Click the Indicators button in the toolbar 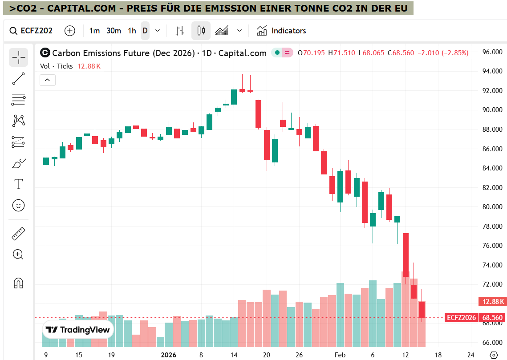[x=281, y=31]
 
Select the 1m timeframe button [x=94, y=31]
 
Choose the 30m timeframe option [x=114, y=31]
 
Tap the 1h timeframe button [x=132, y=31]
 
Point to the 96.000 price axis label [x=492, y=52]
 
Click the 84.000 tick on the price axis [x=492, y=168]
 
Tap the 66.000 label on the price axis [x=492, y=343]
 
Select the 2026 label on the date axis [x=168, y=355]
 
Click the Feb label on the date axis [x=340, y=355]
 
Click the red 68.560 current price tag [x=492, y=318]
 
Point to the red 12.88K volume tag [x=492, y=302]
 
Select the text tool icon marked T [x=18, y=184]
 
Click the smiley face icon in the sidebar [x=18, y=205]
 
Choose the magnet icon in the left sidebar [x=18, y=283]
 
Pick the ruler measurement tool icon [x=18, y=233]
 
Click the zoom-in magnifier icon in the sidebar [x=18, y=255]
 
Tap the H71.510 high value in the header [x=341, y=53]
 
